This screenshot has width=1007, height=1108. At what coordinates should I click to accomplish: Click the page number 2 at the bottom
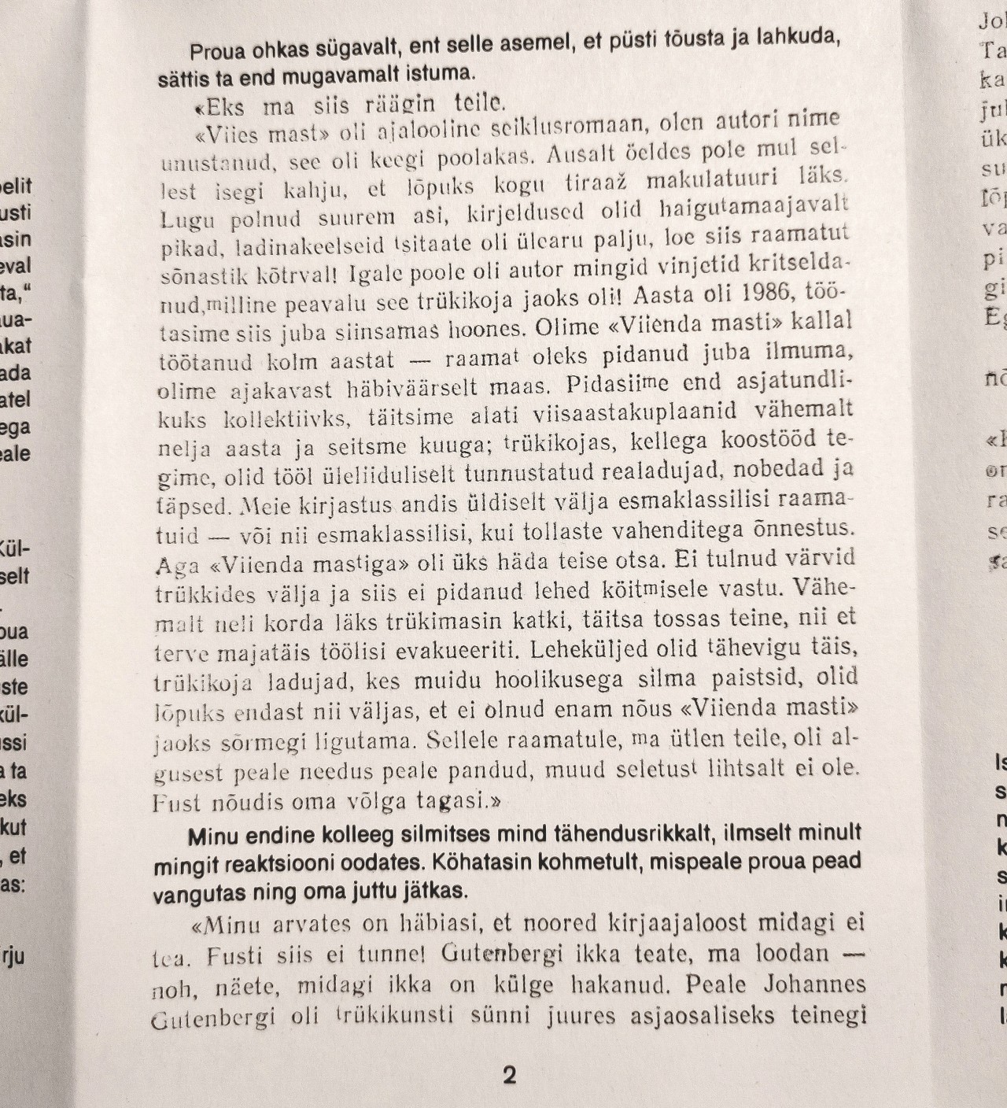tap(509, 1075)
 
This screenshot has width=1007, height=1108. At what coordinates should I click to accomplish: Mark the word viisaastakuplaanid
tap(610, 410)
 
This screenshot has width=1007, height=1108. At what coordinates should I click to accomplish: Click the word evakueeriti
tap(454, 651)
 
